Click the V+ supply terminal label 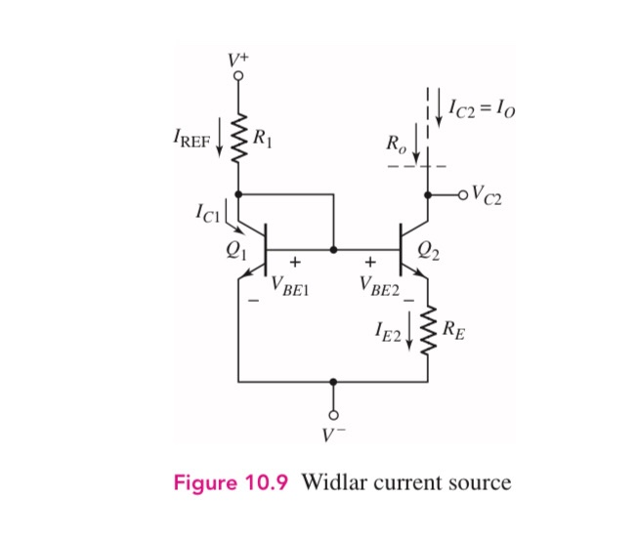239,61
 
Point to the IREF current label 188,143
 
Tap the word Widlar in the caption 334,484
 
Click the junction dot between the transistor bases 334,250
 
